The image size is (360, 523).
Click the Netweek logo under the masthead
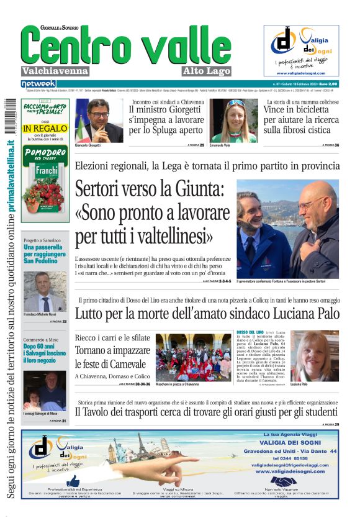coord(38,83)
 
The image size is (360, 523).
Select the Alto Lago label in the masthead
coord(207,71)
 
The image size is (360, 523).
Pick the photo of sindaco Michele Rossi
coord(45,291)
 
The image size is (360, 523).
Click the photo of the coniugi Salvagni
coord(45,390)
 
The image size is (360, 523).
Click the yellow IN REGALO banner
coord(45,128)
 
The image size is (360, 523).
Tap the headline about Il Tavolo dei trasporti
coord(207,411)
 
